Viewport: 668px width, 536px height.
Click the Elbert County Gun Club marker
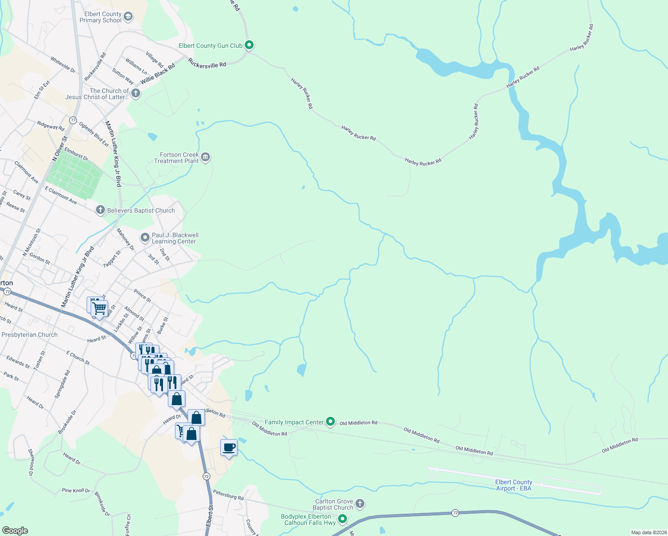point(250,45)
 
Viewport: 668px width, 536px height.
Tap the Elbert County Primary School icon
point(128,17)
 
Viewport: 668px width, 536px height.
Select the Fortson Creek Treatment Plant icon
point(205,157)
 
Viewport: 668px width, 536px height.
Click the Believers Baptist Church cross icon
point(100,210)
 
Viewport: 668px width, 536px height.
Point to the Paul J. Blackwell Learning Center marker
point(145,238)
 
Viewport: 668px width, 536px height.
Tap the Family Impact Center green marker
point(330,421)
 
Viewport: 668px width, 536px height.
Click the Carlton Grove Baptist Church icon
point(360,504)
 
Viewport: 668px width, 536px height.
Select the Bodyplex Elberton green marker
point(342,519)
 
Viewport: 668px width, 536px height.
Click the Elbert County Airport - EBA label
point(514,485)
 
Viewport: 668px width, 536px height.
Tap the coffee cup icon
point(229,448)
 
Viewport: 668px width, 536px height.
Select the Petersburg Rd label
point(228,495)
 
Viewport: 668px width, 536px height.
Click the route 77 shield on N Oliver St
point(73,120)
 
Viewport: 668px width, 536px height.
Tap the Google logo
point(15,530)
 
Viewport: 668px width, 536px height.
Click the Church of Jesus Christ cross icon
point(136,93)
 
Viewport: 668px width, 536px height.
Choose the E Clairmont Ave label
point(61,196)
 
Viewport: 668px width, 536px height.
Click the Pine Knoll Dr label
point(76,490)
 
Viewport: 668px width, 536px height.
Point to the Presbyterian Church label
point(29,335)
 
